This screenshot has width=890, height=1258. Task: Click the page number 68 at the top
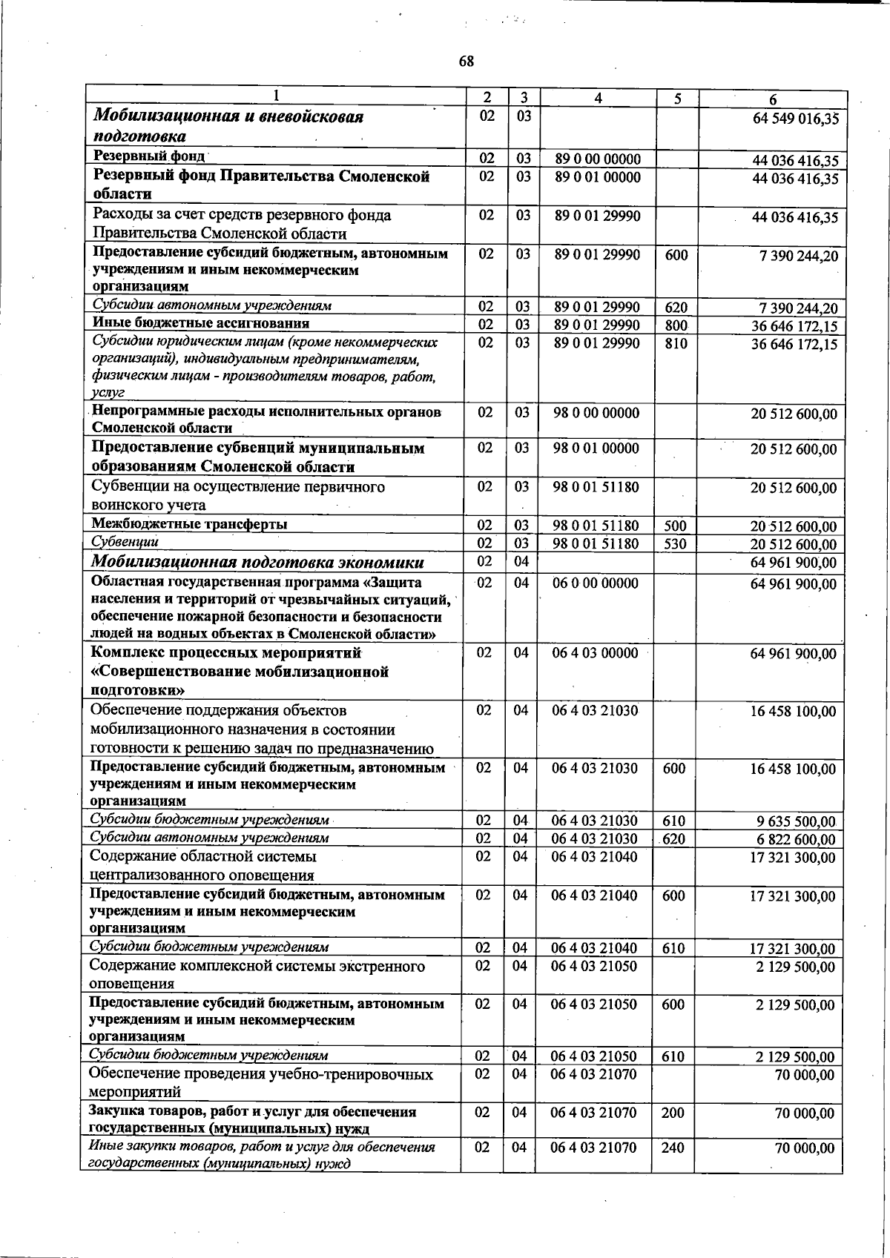(x=466, y=62)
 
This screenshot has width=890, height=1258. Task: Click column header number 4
(x=598, y=98)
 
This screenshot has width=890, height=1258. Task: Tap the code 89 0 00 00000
(x=597, y=159)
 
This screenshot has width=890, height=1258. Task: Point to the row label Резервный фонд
(x=148, y=156)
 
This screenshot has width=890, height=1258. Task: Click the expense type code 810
(x=676, y=344)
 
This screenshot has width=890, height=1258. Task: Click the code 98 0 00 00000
(x=596, y=412)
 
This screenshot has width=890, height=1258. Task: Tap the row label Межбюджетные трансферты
(x=189, y=524)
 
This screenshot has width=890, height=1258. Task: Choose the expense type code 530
(x=676, y=544)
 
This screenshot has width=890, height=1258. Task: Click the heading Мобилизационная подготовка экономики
(x=258, y=563)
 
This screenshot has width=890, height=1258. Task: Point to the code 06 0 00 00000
(x=596, y=583)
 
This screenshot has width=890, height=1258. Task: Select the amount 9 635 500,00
(x=796, y=821)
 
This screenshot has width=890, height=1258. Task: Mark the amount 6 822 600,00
(x=796, y=840)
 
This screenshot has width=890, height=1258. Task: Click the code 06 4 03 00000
(x=596, y=653)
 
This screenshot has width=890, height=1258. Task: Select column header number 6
(x=772, y=99)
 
